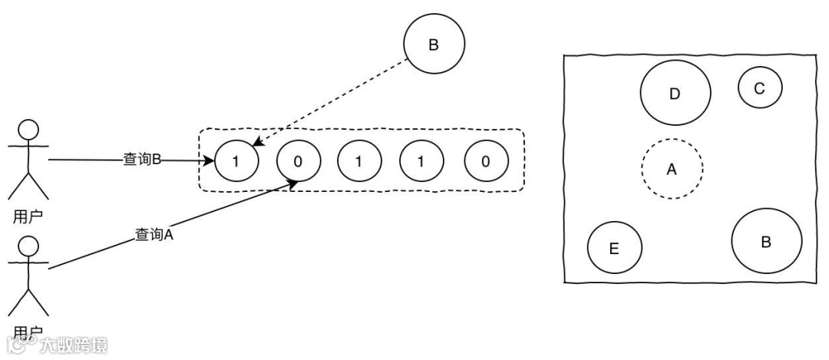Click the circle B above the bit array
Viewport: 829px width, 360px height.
click(434, 45)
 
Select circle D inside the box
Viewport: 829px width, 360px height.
click(675, 94)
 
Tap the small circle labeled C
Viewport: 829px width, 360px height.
click(759, 88)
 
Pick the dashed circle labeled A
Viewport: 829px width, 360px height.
click(672, 169)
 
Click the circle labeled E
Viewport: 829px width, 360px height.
click(614, 248)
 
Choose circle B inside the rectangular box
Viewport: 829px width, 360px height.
click(766, 242)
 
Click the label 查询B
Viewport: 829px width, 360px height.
click(141, 160)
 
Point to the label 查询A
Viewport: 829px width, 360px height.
click(154, 235)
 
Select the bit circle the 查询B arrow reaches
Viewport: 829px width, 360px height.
click(236, 161)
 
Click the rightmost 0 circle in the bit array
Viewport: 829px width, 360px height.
click(486, 161)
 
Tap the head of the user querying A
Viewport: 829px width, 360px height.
click(28, 246)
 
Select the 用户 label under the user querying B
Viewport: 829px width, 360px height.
click(28, 216)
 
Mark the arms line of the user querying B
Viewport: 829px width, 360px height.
click(28, 144)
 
